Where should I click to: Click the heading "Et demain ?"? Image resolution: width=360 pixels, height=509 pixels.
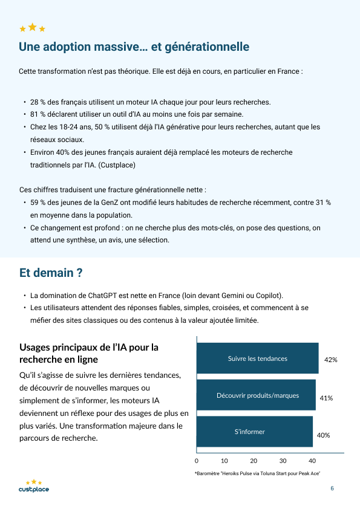pyautogui.click(x=51, y=273)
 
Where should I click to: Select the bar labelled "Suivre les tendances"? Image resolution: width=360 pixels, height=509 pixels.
pyautogui.click(x=258, y=358)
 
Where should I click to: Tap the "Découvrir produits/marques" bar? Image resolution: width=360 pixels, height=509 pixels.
pyautogui.click(x=257, y=395)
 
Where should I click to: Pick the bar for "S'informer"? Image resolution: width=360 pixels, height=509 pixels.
pyautogui.click(x=255, y=432)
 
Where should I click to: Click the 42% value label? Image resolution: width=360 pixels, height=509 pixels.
pyautogui.click(x=330, y=360)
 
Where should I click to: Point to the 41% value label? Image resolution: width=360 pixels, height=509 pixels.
pyautogui.click(x=327, y=398)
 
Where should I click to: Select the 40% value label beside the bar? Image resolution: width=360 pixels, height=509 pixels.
pyautogui.click(x=324, y=435)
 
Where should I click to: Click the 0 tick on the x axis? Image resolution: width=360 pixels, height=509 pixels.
pyautogui.click(x=197, y=460)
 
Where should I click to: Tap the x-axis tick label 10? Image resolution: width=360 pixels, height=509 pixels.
pyautogui.click(x=224, y=460)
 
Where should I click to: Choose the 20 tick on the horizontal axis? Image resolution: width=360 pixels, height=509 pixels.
pyautogui.click(x=254, y=460)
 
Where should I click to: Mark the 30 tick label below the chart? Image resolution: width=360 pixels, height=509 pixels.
pyautogui.click(x=283, y=460)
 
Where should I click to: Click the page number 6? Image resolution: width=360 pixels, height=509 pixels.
pyautogui.click(x=332, y=488)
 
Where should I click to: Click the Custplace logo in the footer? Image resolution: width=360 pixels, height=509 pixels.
pyautogui.click(x=34, y=486)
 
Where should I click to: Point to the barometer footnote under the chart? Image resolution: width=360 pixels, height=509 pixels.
pyautogui.click(x=257, y=473)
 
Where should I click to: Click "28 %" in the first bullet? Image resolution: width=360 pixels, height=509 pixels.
pyautogui.click(x=38, y=102)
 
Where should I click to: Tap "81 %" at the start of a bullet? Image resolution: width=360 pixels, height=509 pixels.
pyautogui.click(x=38, y=114)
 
